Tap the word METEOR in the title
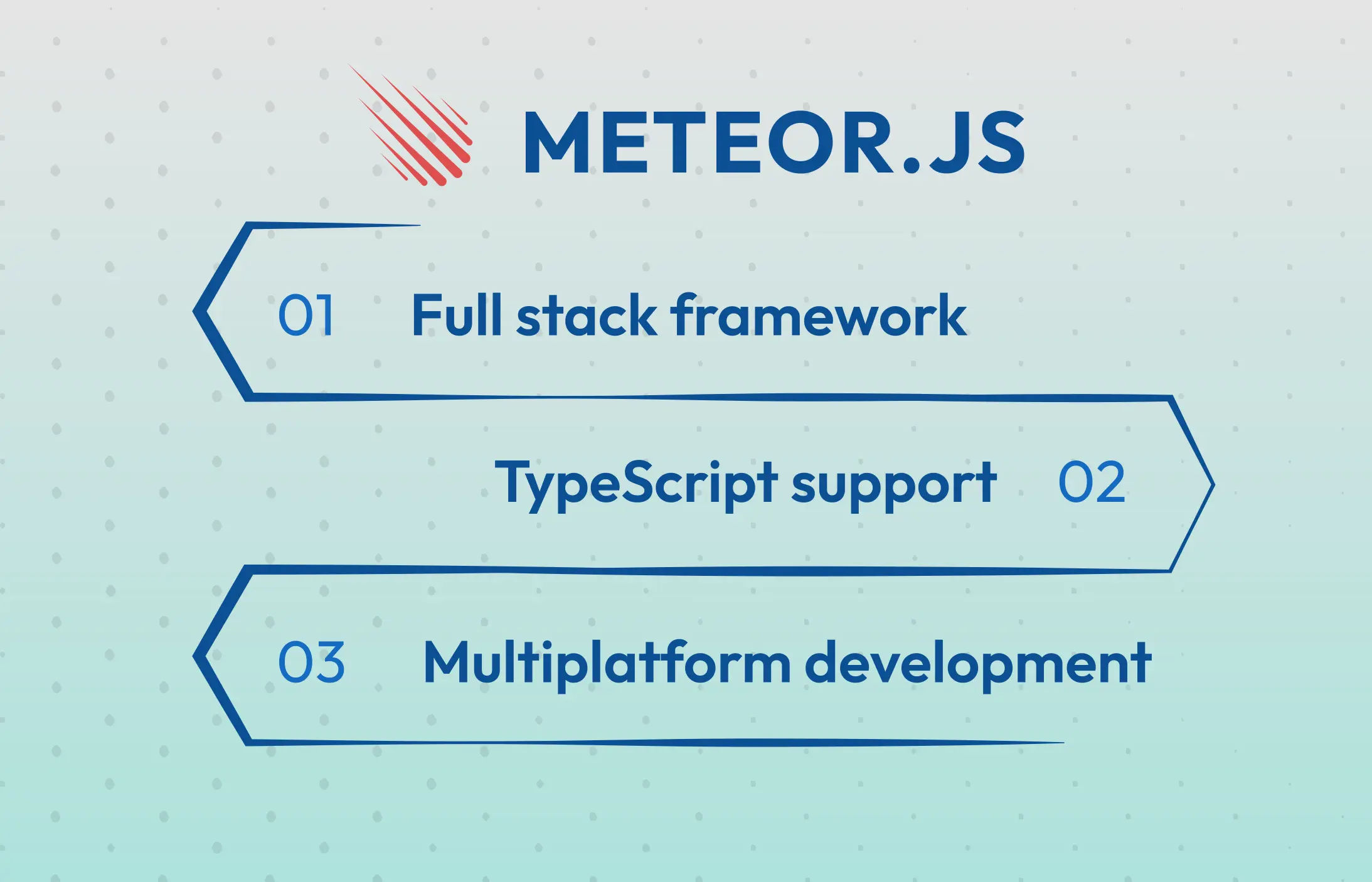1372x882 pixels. point(709,142)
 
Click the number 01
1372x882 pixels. point(306,315)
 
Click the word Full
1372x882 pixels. point(457,315)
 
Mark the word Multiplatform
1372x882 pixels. point(607,664)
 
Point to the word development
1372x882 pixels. point(978,664)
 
